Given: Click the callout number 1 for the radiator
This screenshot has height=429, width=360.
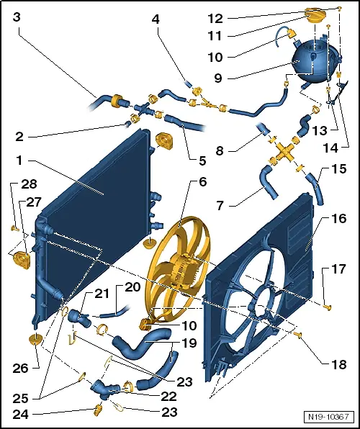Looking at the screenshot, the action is point(19,161).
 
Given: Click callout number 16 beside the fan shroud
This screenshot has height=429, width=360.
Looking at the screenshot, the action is point(338,219).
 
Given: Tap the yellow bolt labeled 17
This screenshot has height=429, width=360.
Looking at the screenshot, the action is point(328,307).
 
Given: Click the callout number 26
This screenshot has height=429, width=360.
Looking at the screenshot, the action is point(20,368).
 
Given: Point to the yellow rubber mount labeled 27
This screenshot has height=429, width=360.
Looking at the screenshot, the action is point(22,260).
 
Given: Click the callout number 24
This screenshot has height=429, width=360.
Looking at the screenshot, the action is point(20,414).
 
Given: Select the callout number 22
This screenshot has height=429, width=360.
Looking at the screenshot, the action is point(168,396).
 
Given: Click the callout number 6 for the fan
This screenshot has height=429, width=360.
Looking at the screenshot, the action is point(202,181).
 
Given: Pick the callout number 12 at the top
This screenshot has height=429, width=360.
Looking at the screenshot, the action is point(215,19).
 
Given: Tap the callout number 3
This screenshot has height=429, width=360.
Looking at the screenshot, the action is point(17,17).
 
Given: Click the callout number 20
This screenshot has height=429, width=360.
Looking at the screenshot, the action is point(132,287).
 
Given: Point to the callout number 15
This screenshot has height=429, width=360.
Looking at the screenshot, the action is point(338,169).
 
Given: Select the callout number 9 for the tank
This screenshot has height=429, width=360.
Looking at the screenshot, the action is point(218,78).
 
